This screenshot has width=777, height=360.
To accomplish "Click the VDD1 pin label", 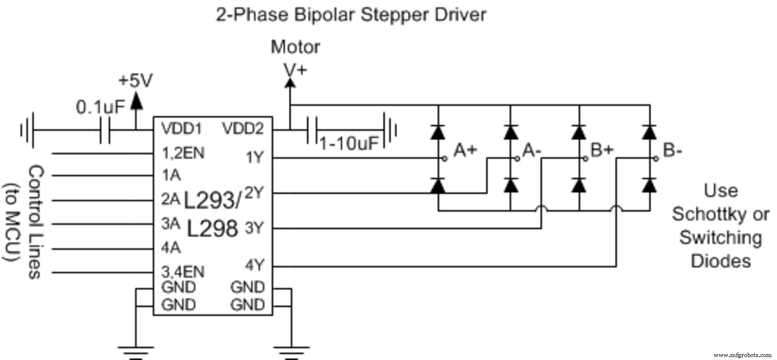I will (x=181, y=129).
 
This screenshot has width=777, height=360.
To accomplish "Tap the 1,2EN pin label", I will (x=183, y=153).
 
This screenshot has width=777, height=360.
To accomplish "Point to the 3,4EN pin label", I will (x=183, y=271).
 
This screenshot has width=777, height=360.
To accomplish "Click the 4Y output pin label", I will (x=254, y=265).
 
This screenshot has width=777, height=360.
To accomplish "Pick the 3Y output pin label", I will (x=253, y=227).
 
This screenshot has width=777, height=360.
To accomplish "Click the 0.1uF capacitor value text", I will (x=101, y=107).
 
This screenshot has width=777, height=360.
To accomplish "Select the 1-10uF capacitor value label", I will (x=349, y=143).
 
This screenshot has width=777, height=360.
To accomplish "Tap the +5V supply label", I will (x=135, y=81).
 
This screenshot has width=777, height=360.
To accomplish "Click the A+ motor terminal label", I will (x=465, y=151).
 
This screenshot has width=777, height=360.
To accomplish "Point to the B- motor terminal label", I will (x=673, y=151).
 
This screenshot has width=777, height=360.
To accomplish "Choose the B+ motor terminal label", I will (x=602, y=151).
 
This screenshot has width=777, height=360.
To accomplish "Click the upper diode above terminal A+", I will (x=439, y=132).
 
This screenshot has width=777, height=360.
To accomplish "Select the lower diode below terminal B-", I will (x=649, y=186).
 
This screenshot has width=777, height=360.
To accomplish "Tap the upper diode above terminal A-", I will (x=510, y=132).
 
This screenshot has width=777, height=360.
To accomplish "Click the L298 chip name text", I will (x=212, y=228).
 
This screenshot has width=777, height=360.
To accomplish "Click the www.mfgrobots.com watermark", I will (x=743, y=355).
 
